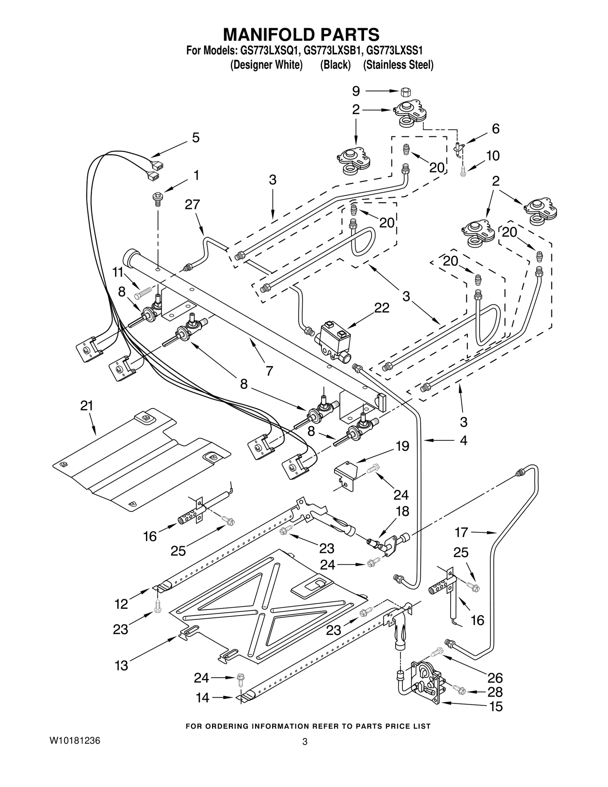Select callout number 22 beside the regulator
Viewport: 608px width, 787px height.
pyautogui.click(x=382, y=308)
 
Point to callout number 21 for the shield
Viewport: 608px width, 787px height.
pyautogui.click(x=87, y=406)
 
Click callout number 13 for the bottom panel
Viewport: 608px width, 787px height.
pyautogui.click(x=122, y=666)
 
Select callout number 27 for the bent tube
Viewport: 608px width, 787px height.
pyautogui.click(x=192, y=204)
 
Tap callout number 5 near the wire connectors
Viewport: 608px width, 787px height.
pyautogui.click(x=196, y=138)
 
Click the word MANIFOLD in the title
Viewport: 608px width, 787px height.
pyautogui.click(x=268, y=34)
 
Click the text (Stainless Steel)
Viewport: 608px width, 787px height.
pyautogui.click(x=398, y=65)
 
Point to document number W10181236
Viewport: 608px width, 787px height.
pyautogui.click(x=74, y=741)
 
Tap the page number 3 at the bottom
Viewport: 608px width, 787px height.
pyautogui.click(x=304, y=742)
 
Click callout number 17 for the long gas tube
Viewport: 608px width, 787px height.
pyautogui.click(x=461, y=532)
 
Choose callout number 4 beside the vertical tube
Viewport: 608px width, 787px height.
pyautogui.click(x=463, y=440)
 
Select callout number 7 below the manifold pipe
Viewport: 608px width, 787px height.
pyautogui.click(x=269, y=371)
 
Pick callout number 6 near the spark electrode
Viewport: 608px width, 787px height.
pyautogui.click(x=496, y=129)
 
